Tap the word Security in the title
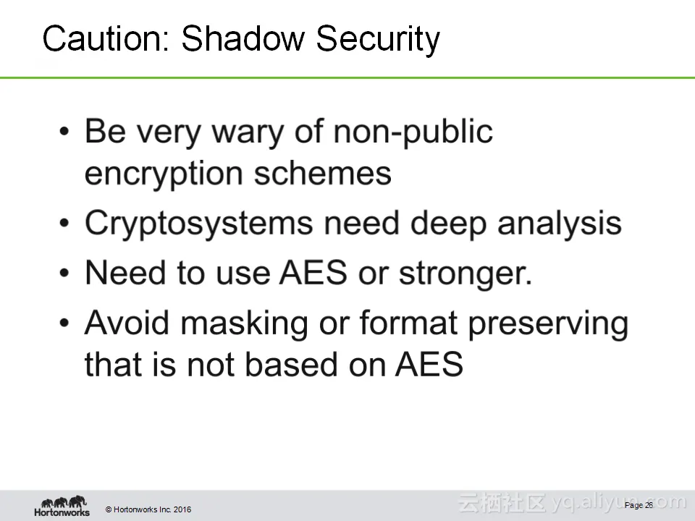[378, 40]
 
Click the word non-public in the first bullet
[413, 132]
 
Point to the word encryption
[164, 174]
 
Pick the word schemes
[323, 173]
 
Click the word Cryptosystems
[198, 224]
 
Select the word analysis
[560, 224]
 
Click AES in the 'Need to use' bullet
[313, 273]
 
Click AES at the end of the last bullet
[429, 364]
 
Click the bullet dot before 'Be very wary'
[64, 132]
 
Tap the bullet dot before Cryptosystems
[64, 224]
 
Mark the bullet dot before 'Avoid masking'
[64, 323]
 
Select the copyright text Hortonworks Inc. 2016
[148, 509]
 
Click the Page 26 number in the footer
[639, 506]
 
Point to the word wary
[248, 133]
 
